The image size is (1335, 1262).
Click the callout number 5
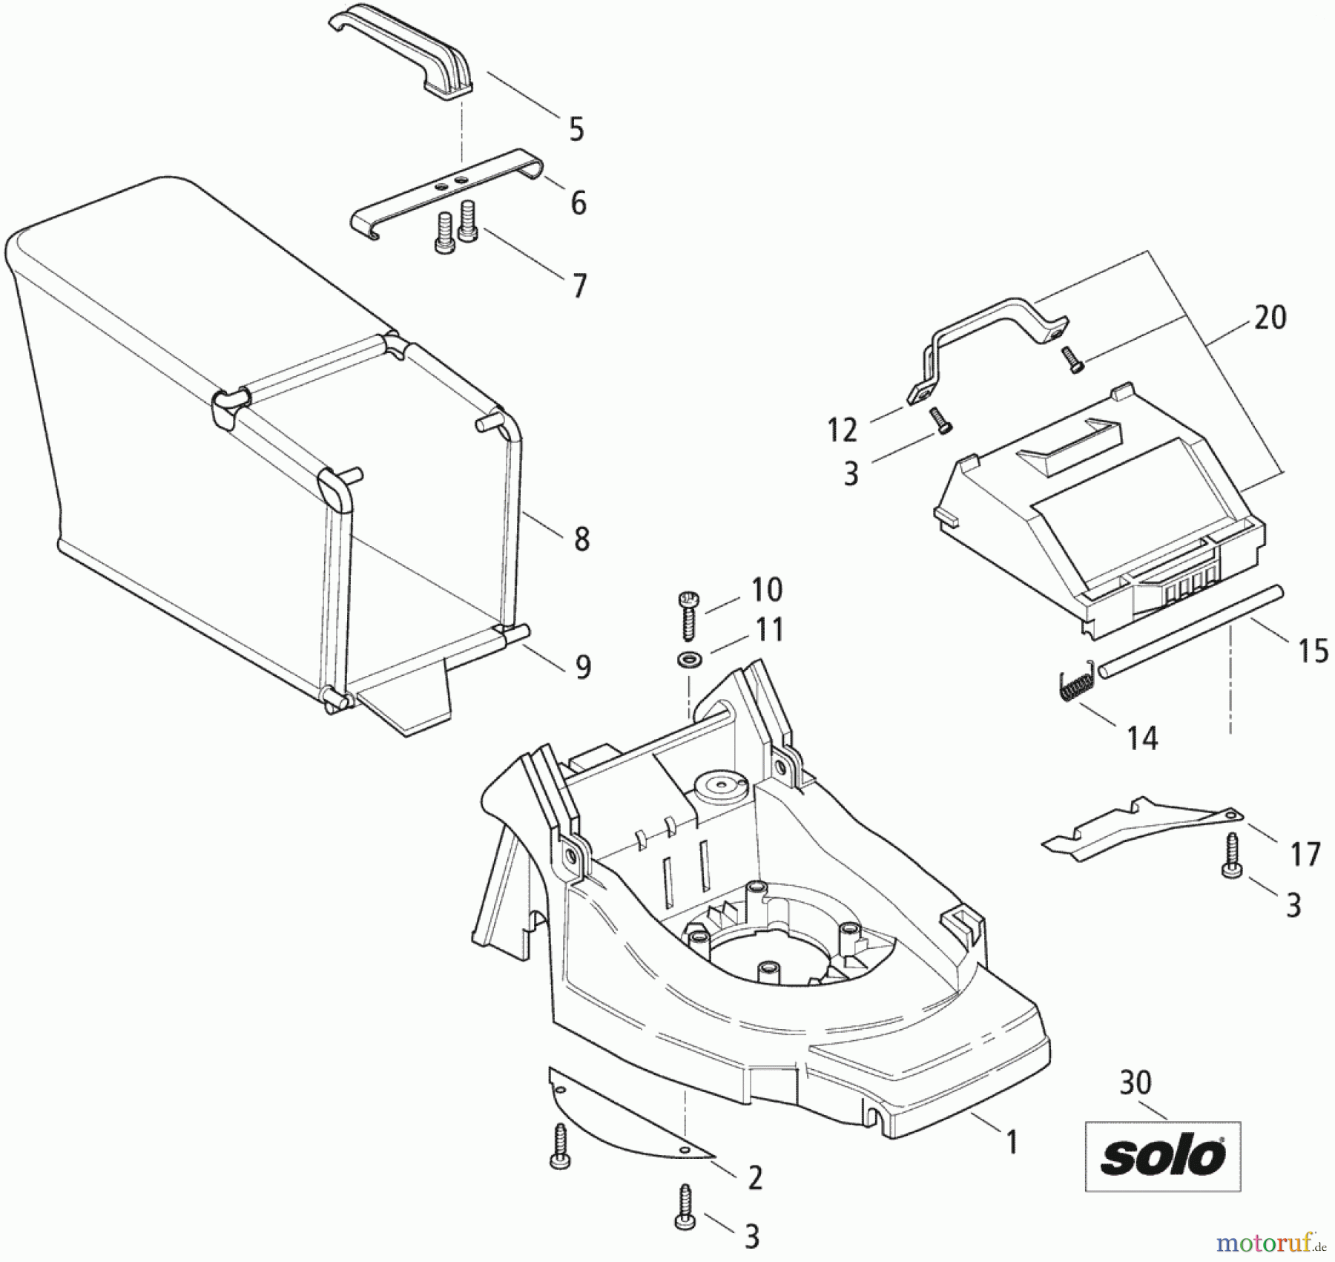click(576, 129)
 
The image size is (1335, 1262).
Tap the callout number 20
click(1270, 318)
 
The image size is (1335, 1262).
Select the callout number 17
click(1305, 854)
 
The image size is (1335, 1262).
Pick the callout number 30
click(1135, 1083)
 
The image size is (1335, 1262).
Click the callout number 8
click(581, 539)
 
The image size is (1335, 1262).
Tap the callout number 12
click(842, 430)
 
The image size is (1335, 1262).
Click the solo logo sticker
click(1162, 1155)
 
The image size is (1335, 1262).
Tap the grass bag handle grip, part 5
click(404, 53)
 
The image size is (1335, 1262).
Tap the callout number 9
click(584, 668)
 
